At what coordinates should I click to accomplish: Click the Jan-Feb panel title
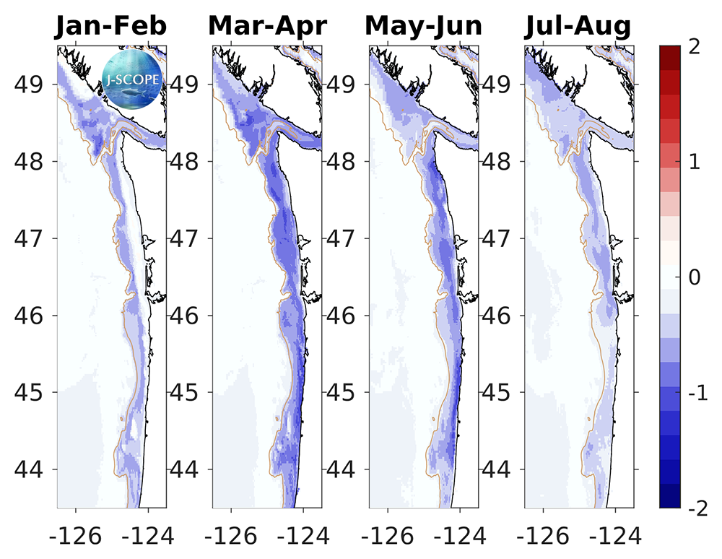click(111, 27)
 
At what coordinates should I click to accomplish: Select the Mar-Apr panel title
click(267, 27)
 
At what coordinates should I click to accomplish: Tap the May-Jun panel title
click(423, 27)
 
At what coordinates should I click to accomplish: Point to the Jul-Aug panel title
click(578, 27)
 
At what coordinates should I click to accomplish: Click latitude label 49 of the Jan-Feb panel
click(34, 84)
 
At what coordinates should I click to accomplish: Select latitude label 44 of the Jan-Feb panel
click(34, 470)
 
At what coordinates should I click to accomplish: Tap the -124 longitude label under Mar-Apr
click(303, 535)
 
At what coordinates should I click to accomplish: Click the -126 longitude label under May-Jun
click(388, 535)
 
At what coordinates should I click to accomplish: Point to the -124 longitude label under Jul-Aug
click(614, 535)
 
